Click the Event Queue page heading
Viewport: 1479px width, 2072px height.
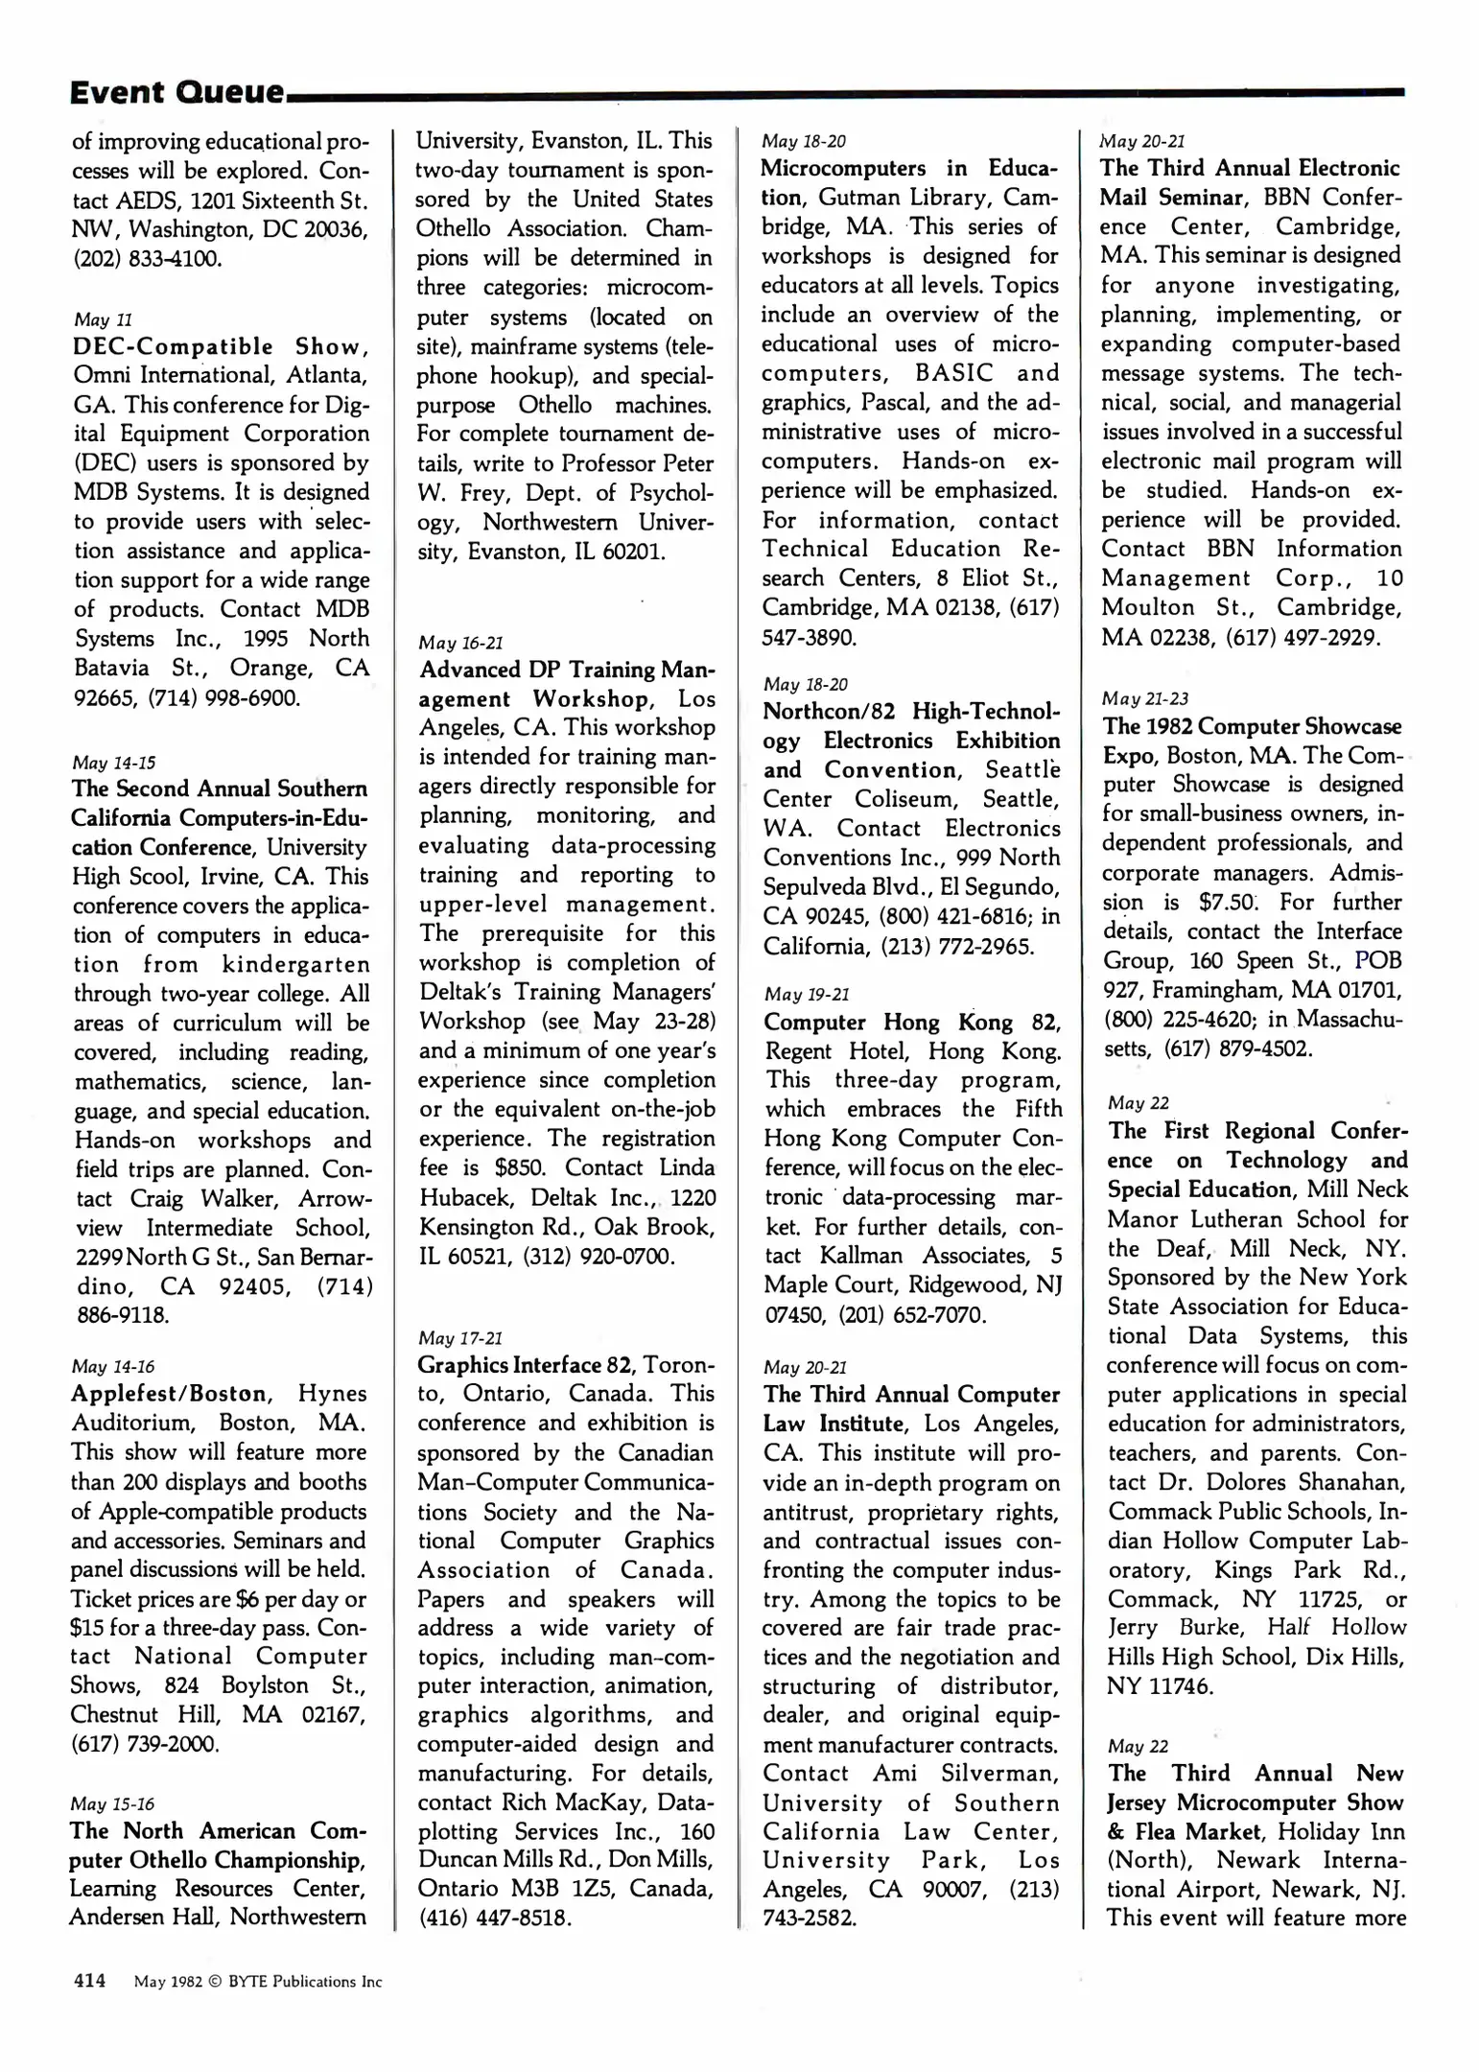[x=177, y=93]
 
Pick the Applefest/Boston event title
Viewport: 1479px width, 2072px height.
[x=171, y=1394]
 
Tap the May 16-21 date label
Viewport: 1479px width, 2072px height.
[x=460, y=643]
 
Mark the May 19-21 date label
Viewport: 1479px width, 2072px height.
[x=807, y=995]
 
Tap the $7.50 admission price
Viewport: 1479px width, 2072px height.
[x=1227, y=903]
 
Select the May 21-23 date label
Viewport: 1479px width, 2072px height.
[x=1144, y=698]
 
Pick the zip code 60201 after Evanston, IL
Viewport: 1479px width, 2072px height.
[x=632, y=553]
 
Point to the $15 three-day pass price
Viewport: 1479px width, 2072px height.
[x=88, y=1629]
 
